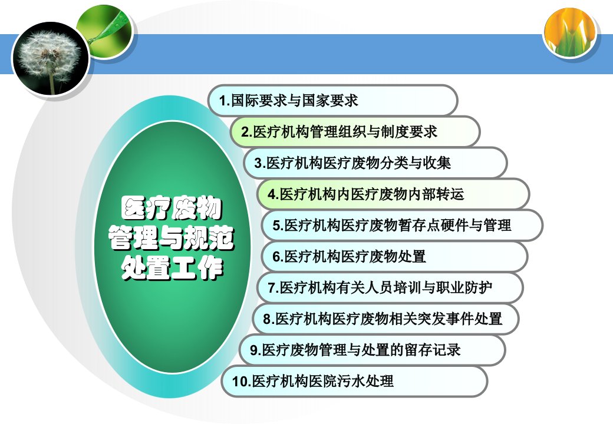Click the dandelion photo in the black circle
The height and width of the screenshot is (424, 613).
tap(50, 58)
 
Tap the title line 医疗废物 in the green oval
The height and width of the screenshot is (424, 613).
tap(172, 208)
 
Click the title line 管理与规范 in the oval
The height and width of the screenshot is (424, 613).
tap(172, 237)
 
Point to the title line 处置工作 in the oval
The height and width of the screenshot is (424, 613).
tap(172, 267)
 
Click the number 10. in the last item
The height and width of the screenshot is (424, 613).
tap(242, 382)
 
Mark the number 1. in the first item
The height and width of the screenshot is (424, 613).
tap(225, 101)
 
